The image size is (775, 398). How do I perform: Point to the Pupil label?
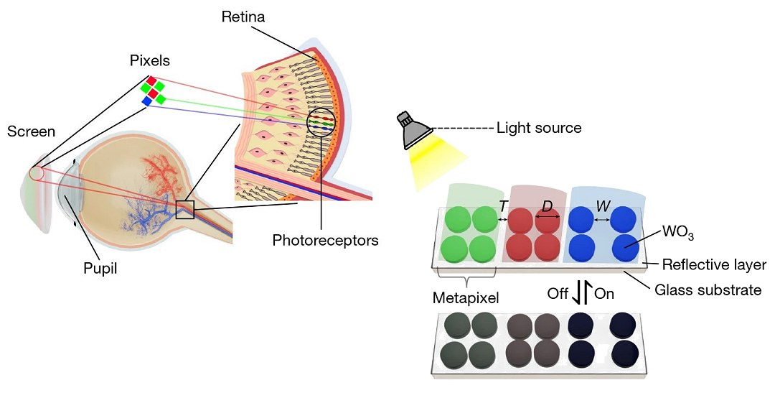[101, 269]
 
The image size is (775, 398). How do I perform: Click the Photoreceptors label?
[325, 240]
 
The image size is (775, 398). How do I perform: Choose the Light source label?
[539, 128]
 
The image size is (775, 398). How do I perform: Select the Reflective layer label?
[713, 264]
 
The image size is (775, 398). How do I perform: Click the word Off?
[558, 294]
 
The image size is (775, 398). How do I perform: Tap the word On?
[604, 294]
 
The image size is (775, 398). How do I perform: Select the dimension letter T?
[503, 206]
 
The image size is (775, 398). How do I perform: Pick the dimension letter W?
[603, 206]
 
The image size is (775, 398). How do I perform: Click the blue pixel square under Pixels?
[147, 102]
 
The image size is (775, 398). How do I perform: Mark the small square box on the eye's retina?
[185, 209]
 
